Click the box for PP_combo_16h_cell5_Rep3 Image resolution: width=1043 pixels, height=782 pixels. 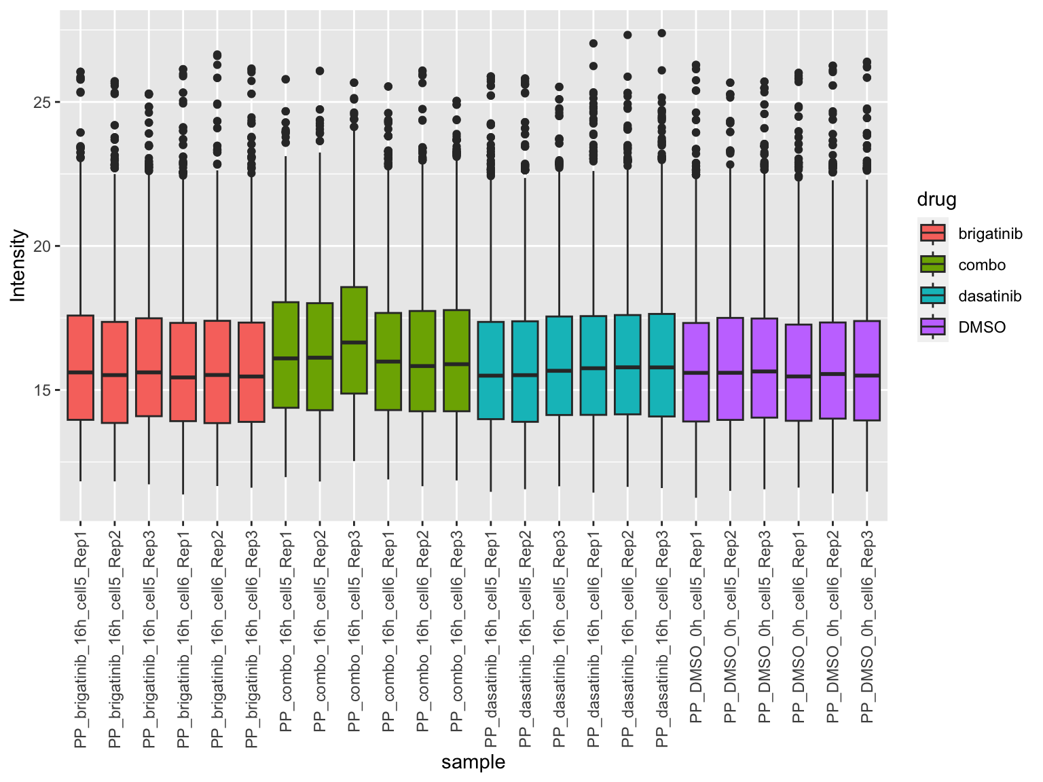tap(354, 340)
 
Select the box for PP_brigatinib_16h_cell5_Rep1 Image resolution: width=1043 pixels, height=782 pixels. tap(80, 367)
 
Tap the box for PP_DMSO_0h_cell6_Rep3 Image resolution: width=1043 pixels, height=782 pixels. tap(866, 371)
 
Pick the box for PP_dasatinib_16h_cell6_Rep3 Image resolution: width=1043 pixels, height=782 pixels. tap(662, 365)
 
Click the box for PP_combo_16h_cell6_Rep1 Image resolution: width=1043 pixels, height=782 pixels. tap(388, 361)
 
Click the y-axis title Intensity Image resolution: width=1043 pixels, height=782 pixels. tap(18, 265)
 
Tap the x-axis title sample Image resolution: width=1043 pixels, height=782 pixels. tap(473, 762)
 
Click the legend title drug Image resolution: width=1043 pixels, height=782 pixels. tap(936, 200)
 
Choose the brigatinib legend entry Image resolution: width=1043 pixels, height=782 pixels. tap(989, 234)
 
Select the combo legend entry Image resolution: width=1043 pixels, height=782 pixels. tap(981, 265)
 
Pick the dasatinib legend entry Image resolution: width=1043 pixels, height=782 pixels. tap(989, 297)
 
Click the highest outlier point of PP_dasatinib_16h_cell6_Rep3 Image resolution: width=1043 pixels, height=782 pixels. tap(662, 33)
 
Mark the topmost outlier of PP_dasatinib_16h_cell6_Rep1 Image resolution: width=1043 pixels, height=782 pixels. tap(593, 43)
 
